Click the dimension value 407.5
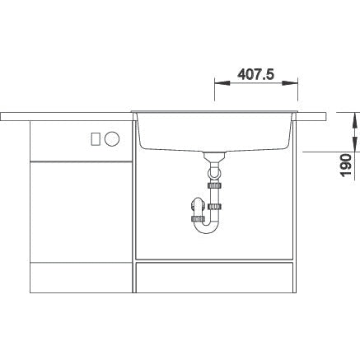click(255, 74)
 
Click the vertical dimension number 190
click(345, 165)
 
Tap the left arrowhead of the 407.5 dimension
click(222, 83)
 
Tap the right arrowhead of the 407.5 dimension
click(290, 83)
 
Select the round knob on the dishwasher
click(112, 138)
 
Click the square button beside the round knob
click(96, 138)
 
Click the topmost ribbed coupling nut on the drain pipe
click(215, 185)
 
